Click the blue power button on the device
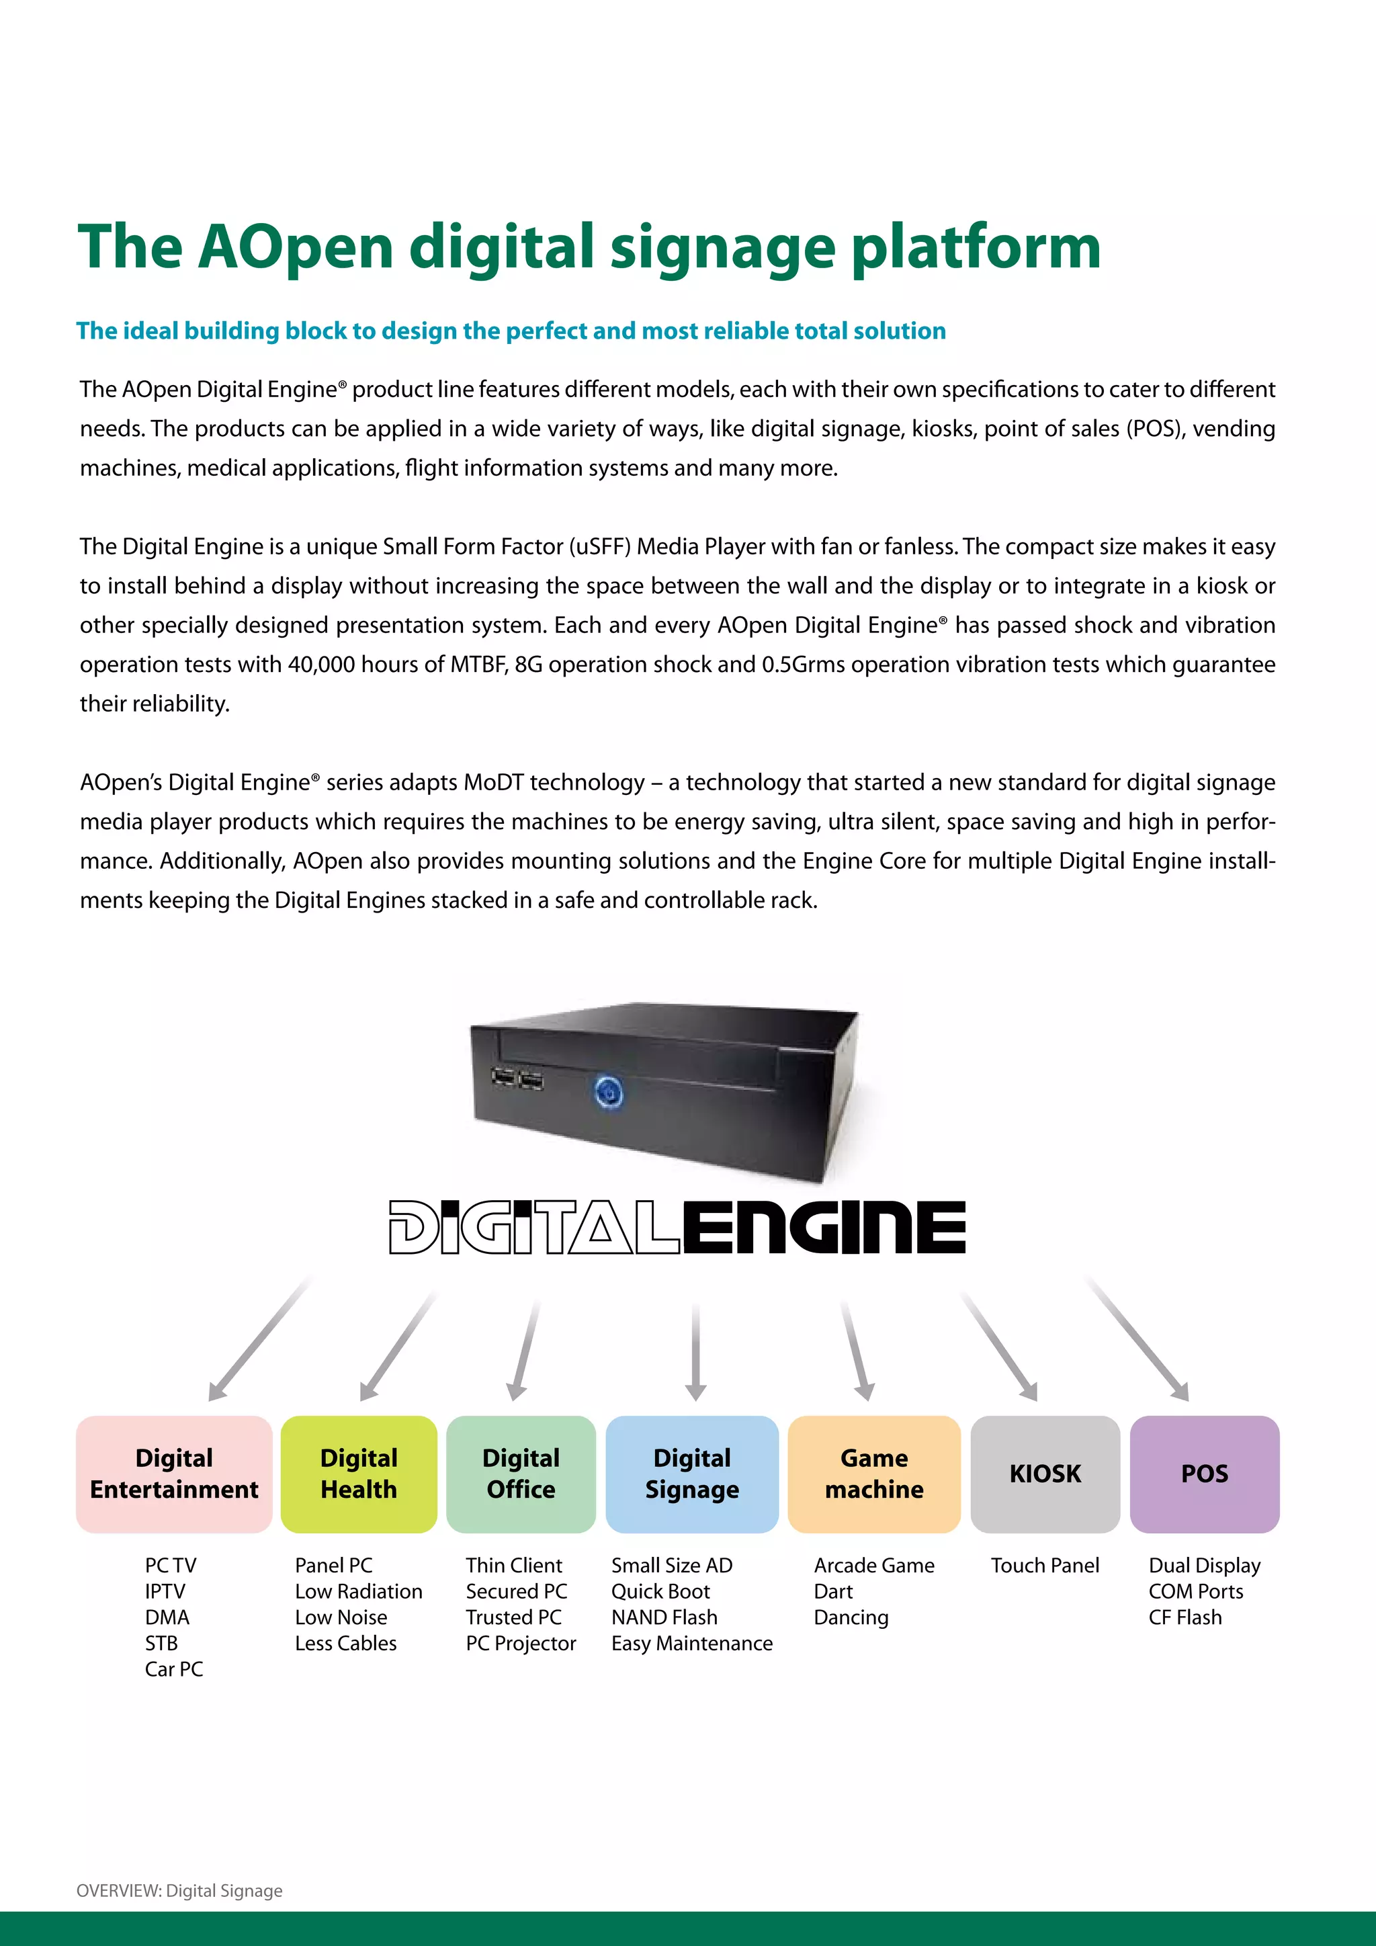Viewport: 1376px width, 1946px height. (x=608, y=1092)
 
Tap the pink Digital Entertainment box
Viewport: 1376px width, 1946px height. (x=175, y=1474)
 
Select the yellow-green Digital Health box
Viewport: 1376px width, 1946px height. (x=358, y=1474)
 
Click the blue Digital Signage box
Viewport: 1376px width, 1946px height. (x=691, y=1474)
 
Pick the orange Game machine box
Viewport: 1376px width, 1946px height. (x=873, y=1474)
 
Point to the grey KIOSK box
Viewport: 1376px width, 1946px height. (x=1045, y=1474)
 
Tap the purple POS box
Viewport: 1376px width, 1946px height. (x=1204, y=1474)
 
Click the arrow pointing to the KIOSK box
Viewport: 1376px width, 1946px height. (x=1000, y=1348)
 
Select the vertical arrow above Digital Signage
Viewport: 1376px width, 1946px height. (x=695, y=1352)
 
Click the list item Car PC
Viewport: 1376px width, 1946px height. (x=174, y=1669)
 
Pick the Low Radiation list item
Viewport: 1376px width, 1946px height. (x=358, y=1591)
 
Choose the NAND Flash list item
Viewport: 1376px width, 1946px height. (x=664, y=1617)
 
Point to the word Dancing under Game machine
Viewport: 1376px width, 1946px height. (x=851, y=1617)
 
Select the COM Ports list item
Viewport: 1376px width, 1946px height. (x=1195, y=1591)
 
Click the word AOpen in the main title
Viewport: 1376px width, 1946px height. (x=296, y=247)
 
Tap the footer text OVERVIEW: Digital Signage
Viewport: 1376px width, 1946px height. (x=179, y=1890)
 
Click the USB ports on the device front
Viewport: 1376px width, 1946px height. (x=517, y=1078)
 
